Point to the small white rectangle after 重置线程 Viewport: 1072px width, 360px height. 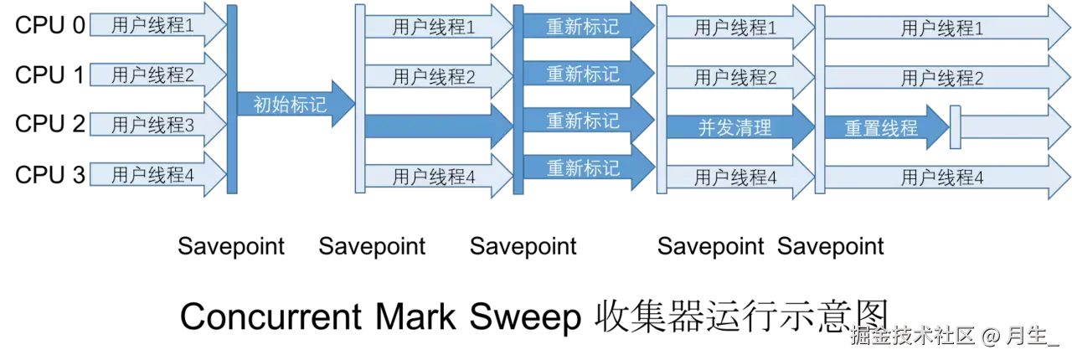954,126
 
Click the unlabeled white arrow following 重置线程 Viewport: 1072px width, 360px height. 1013,128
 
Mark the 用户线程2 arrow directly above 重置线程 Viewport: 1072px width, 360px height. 942,78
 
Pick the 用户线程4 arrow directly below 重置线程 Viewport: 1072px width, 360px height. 942,177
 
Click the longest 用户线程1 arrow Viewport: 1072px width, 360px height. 942,28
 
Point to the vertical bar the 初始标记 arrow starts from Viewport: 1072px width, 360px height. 232,100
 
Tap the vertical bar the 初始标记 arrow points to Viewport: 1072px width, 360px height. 359,100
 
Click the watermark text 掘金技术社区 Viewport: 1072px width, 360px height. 913,337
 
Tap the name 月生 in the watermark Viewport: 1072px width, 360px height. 1028,337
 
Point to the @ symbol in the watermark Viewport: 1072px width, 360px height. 991,337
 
